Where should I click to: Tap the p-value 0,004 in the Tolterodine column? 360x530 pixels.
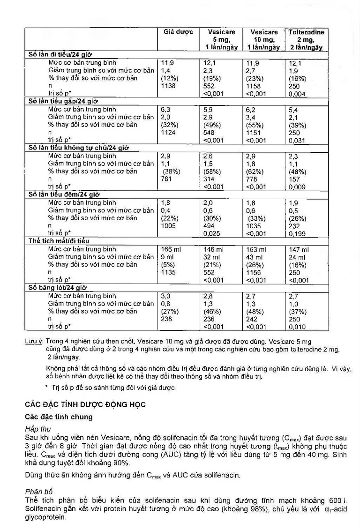coord(297,94)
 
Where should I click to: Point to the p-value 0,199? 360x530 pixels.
coord(297,233)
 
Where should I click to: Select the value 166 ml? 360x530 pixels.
coord(171,249)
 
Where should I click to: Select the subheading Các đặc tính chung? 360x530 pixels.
coord(59,416)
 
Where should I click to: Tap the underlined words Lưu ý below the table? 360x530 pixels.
coord(34,342)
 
